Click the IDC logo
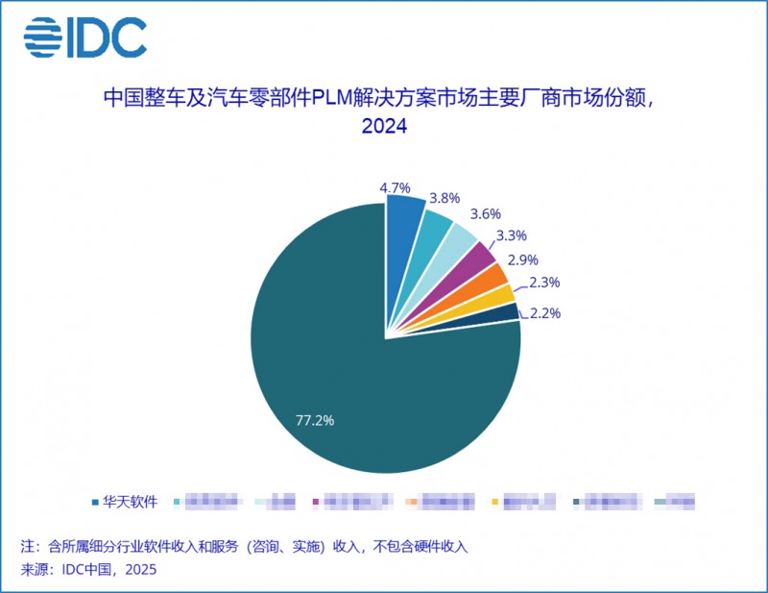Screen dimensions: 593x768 click(x=84, y=37)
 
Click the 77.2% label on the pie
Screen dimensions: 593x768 click(x=316, y=420)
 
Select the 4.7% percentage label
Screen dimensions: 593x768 click(x=396, y=188)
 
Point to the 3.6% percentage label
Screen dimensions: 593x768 click(x=484, y=213)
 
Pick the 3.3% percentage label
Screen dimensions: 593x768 click(x=510, y=235)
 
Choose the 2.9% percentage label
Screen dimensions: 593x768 click(x=523, y=259)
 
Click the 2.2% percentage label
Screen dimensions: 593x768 click(x=544, y=313)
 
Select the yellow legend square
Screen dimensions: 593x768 click(x=495, y=502)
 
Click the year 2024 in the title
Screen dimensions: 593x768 click(x=384, y=127)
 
